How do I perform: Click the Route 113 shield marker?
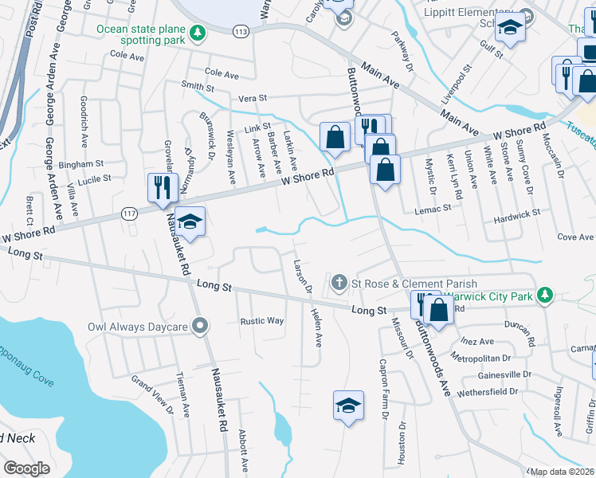coord(241,30)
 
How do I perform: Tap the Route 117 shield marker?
coord(130,213)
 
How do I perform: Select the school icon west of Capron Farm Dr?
coord(348,406)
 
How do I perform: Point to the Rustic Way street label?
coord(262,321)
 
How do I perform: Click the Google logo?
coord(26,468)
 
